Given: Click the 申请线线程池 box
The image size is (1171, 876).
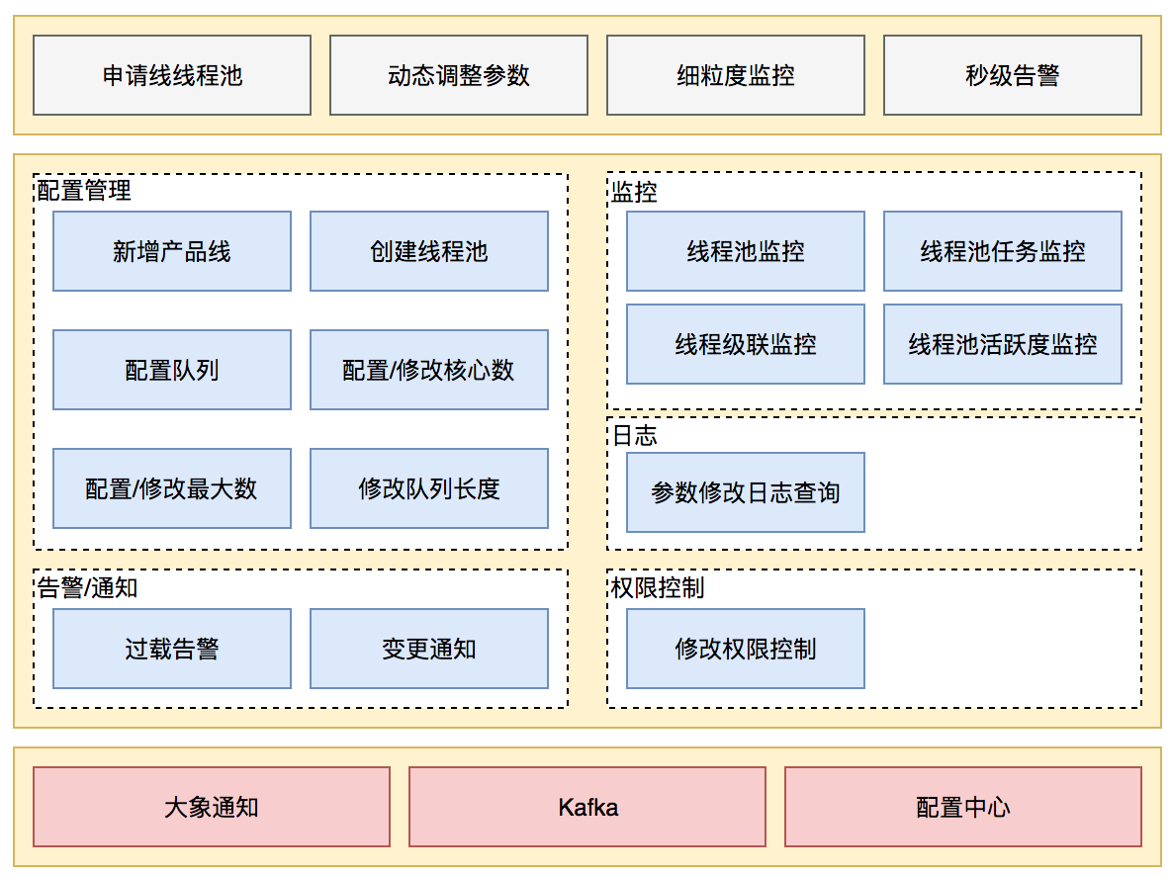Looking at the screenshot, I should coord(172,75).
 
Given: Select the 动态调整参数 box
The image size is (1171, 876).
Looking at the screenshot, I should coord(458,75).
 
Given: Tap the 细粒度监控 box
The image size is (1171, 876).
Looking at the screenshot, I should coord(735,75).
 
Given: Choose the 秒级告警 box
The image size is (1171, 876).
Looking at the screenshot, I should coord(1012,75).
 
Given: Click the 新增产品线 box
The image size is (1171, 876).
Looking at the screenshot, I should coord(172,251).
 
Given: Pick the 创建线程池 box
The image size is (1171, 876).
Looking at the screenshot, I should coord(428,251).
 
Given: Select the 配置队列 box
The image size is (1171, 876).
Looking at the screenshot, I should coord(172,370).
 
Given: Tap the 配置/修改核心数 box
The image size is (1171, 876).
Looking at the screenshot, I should coord(428,370).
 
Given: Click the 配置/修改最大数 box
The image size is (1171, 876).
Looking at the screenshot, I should coord(172,488).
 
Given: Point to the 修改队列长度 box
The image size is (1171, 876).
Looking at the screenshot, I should coord(428,488).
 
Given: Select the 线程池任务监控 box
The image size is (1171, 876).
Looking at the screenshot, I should coord(1002,251).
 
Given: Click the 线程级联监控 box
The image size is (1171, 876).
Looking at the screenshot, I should coord(745,344).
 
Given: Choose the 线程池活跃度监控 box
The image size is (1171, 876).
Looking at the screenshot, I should coord(1002,344).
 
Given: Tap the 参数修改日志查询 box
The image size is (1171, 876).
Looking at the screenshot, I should coord(745,492).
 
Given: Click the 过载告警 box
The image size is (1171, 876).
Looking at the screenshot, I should coord(172,649).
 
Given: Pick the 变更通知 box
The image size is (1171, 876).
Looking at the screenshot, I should coord(428,649).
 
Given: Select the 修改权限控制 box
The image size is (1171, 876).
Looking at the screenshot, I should coord(745,649).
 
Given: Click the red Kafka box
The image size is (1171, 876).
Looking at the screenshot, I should coord(587,807).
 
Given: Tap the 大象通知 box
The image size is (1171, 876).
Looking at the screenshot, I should coord(212,807).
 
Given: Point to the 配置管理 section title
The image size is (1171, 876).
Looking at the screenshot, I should coord(84,191).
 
